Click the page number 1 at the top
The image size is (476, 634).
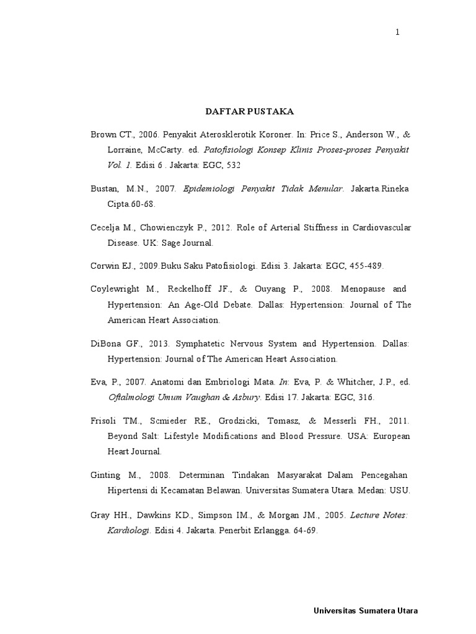397,33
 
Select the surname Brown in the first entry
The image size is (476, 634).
103,134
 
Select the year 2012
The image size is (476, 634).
218,227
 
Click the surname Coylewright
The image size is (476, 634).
116,289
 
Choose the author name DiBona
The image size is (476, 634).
106,344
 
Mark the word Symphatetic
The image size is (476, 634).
201,344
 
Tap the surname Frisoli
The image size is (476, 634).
105,421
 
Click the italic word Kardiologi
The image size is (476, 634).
129,530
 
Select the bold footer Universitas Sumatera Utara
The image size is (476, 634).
366,611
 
